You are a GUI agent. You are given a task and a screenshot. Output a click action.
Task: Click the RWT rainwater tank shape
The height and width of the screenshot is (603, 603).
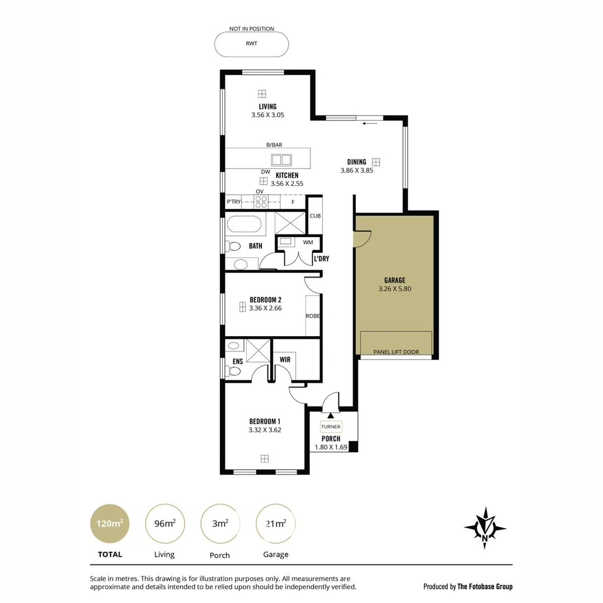(x=252, y=44)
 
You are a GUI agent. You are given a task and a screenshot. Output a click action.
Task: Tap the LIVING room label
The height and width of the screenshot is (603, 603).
(x=267, y=107)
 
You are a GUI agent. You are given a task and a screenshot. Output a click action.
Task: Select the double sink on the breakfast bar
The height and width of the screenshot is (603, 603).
(x=281, y=160)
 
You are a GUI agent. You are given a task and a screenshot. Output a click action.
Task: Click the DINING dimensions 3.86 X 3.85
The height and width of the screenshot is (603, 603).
(x=356, y=171)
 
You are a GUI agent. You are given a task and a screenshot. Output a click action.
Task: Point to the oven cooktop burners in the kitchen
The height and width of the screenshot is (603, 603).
(x=261, y=202)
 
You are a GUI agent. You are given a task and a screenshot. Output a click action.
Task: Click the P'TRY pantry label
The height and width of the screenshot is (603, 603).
(x=233, y=202)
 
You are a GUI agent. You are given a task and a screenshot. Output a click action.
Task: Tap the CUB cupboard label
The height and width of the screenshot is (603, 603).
(x=315, y=216)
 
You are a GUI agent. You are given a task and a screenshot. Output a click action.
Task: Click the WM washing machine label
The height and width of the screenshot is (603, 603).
(x=308, y=242)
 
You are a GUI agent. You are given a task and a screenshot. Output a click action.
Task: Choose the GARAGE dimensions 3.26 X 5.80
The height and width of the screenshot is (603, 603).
(x=394, y=289)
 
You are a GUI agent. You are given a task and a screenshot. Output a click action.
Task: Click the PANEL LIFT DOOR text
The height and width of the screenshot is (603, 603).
(x=396, y=352)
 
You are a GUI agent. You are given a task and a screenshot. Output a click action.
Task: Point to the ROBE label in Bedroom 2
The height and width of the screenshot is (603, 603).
(x=313, y=316)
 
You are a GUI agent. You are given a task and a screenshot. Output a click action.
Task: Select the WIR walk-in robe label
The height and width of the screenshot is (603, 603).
(x=285, y=360)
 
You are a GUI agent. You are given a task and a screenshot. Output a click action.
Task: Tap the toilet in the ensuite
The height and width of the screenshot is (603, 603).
(x=234, y=371)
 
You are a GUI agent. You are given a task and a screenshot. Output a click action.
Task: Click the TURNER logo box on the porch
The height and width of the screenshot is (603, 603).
(x=330, y=427)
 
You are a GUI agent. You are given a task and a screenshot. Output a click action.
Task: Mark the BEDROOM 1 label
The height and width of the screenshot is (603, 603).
(x=265, y=421)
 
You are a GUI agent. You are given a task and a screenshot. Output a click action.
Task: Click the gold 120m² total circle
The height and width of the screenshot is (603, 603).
(x=110, y=524)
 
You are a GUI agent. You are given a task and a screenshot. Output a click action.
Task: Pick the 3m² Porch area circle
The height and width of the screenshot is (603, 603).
(x=220, y=524)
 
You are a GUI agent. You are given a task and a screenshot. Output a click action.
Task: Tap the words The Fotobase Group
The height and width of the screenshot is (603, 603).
(x=485, y=586)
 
